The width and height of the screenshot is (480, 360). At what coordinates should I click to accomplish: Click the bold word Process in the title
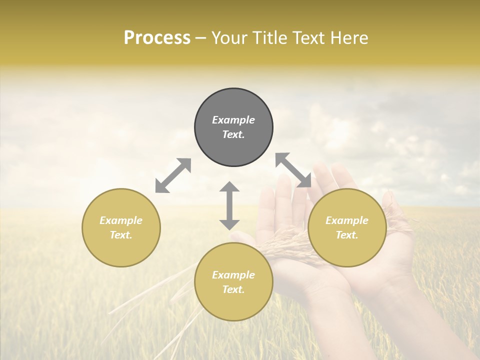(157, 38)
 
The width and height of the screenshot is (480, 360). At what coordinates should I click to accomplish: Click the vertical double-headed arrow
(229, 205)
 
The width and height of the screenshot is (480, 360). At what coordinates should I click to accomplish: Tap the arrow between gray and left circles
(173, 175)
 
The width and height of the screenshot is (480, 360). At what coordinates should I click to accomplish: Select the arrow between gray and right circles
(293, 170)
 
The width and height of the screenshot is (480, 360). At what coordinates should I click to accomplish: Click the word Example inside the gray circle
(233, 120)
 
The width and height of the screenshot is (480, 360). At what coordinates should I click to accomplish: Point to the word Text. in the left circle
(121, 235)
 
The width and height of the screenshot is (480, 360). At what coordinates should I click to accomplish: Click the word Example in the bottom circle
(233, 275)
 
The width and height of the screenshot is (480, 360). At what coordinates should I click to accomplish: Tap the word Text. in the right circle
(347, 235)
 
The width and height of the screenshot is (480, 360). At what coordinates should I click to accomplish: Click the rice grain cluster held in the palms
(285, 245)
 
